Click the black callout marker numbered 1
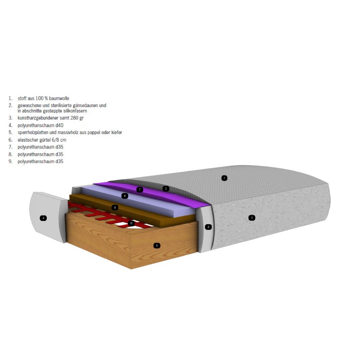coord(224,178)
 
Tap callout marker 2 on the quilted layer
coord(166,189)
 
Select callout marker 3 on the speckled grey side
coord(252,218)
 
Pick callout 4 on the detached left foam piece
coord(43,218)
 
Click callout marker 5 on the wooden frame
coord(157,246)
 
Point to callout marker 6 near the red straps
coord(131,223)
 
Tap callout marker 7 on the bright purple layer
coord(139,189)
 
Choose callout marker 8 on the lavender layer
coord(125,196)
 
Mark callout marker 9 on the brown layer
coord(115,207)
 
